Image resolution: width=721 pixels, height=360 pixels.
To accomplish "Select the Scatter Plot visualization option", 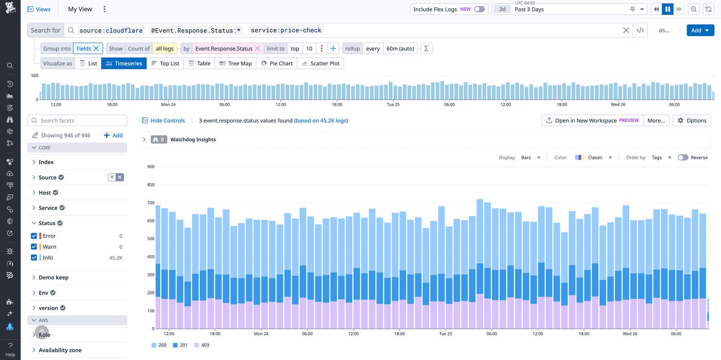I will (x=320, y=63).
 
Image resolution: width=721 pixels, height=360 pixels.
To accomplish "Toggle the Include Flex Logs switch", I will (x=479, y=9).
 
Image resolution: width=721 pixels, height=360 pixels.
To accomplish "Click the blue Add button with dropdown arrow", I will (x=700, y=30).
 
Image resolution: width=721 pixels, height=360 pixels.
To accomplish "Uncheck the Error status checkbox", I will (x=34, y=236).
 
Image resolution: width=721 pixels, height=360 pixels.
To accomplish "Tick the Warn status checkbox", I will (x=34, y=247).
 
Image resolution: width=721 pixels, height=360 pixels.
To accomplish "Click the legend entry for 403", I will (x=202, y=345).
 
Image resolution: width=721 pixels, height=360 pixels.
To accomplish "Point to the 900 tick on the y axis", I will (x=150, y=167).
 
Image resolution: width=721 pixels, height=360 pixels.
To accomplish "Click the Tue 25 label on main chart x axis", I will (x=445, y=334).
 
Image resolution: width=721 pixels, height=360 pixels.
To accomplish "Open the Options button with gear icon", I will (x=692, y=121).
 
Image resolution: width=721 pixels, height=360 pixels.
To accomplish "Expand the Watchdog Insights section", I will (x=144, y=140).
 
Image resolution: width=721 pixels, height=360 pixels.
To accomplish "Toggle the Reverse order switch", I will (x=683, y=158).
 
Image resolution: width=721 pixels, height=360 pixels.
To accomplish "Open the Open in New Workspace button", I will (x=592, y=121).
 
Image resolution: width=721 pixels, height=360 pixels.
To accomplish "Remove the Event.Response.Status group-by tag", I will (x=257, y=48).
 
